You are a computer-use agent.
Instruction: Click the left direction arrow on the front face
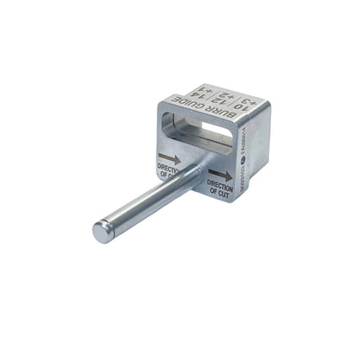coord(170,158)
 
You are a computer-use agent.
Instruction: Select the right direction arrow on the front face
coord(221,175)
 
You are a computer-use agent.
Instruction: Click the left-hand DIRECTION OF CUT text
coord(169,170)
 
